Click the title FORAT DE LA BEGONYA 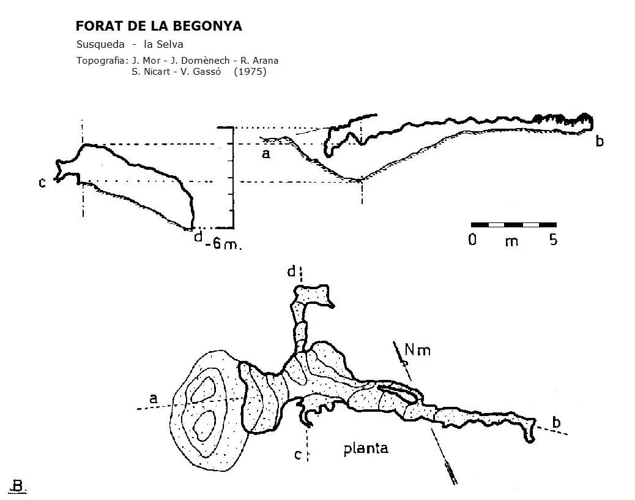point(159,26)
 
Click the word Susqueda point(100,44)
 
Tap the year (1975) point(250,72)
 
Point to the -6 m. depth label point(223,244)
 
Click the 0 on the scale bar point(472,240)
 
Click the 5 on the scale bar point(554,240)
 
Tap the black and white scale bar point(513,225)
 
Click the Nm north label point(418,349)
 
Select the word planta point(366,449)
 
